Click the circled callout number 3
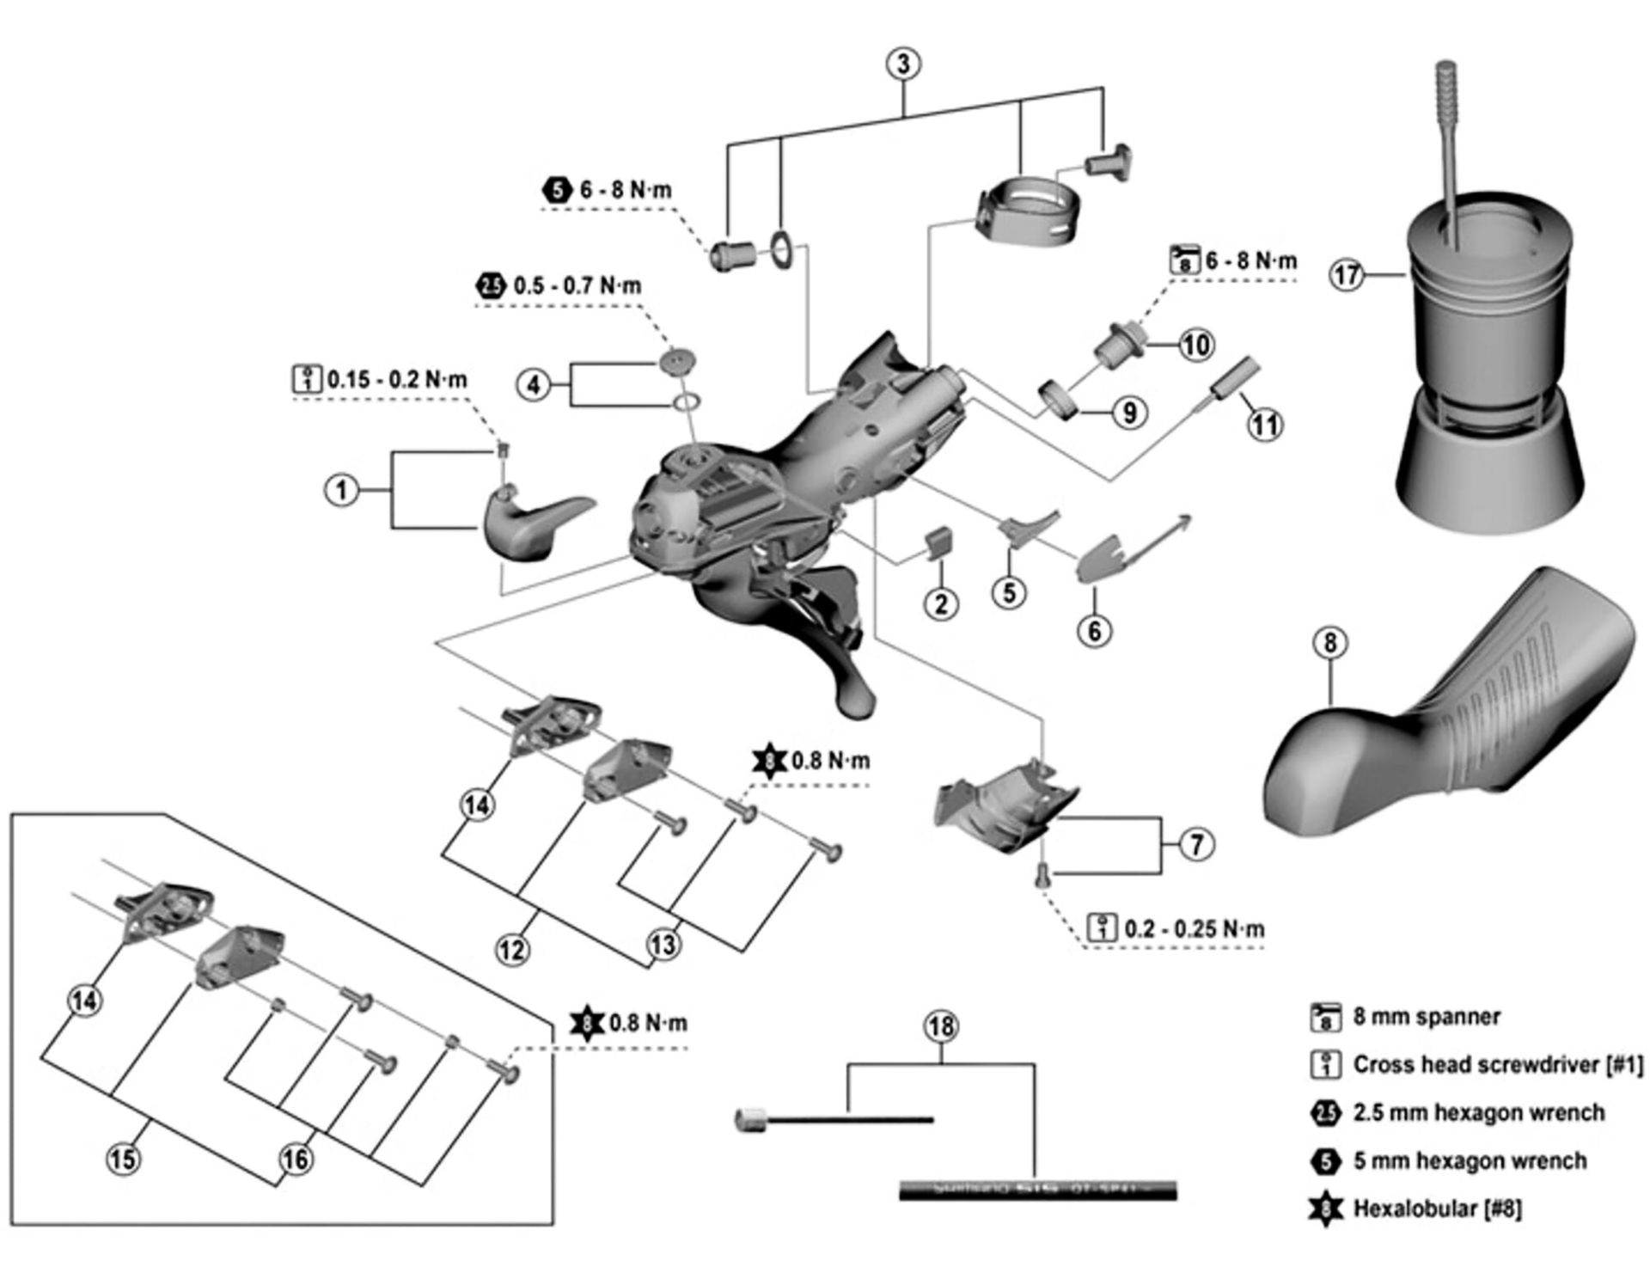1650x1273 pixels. pyautogui.click(x=902, y=64)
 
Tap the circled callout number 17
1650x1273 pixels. pyautogui.click(x=1346, y=275)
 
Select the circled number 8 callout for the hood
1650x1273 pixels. pyautogui.click(x=1329, y=642)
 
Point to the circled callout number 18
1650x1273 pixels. pyautogui.click(x=941, y=1026)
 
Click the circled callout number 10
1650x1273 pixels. pyautogui.click(x=1196, y=345)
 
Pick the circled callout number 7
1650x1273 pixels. pyautogui.click(x=1197, y=844)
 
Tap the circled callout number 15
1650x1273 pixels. pyautogui.click(x=122, y=1159)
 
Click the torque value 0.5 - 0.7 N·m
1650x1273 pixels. pyautogui.click(x=577, y=285)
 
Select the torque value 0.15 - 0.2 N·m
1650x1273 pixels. pyautogui.click(x=397, y=379)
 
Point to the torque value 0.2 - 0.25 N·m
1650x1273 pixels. pyautogui.click(x=1194, y=929)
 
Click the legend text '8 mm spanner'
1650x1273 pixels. pyautogui.click(x=1426, y=1017)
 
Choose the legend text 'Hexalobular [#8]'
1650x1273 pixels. pyautogui.click(x=1437, y=1209)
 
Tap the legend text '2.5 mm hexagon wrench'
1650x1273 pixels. pyautogui.click(x=1478, y=1112)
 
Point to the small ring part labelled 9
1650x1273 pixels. pyautogui.click(x=1060, y=401)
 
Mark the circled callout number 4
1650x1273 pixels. pyautogui.click(x=533, y=384)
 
